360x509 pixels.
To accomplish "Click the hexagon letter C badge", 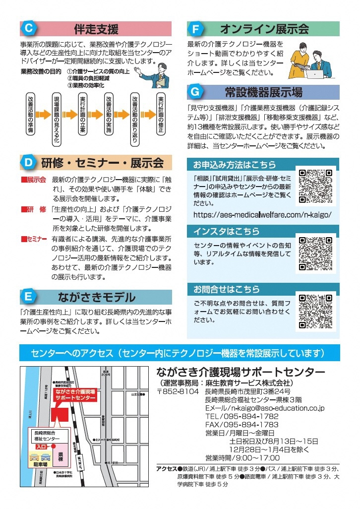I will (x=28, y=28).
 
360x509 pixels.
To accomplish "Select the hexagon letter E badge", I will (x=28, y=297).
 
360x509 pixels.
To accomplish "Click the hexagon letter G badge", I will (x=195, y=92).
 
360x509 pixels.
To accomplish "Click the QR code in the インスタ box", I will (x=315, y=254).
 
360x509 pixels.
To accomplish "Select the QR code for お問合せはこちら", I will (x=315, y=312).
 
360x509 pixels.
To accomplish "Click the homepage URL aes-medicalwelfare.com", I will (x=262, y=215).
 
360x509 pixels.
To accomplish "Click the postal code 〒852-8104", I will (x=178, y=392).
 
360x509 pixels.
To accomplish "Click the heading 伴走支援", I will (x=96, y=28).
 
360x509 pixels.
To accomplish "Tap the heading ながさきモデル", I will (x=96, y=297).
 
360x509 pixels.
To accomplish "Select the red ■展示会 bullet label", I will (x=33, y=180).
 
